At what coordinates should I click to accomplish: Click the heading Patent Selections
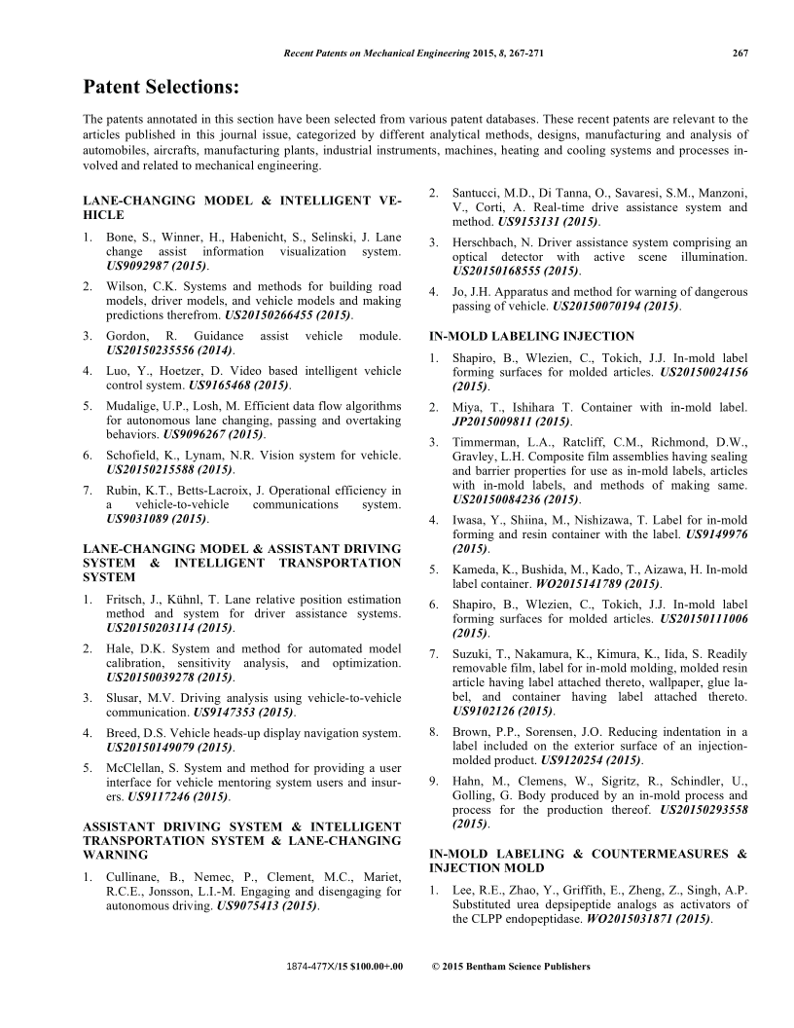pyautogui.click(x=161, y=88)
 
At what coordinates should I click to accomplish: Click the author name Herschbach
pyautogui.click(x=488, y=240)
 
